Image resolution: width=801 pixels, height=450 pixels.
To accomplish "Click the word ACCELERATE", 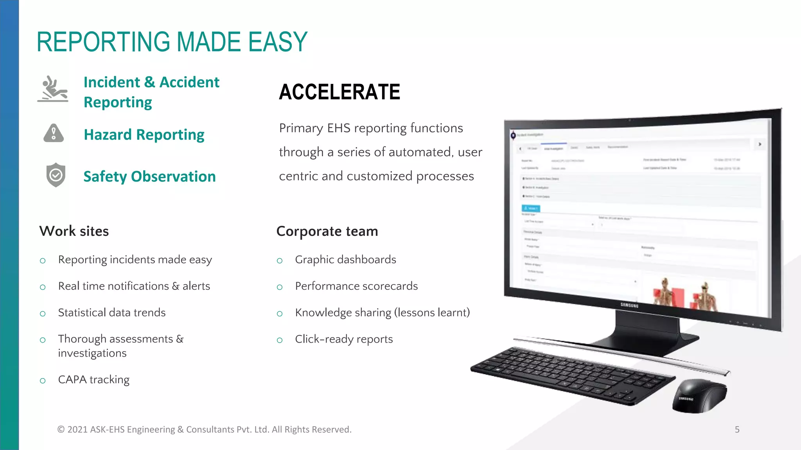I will click(339, 92).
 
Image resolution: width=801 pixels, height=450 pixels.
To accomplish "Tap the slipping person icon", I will click(53, 89).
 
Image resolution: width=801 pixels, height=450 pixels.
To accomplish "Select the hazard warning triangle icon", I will click(54, 133).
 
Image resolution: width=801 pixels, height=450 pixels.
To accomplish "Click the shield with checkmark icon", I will click(56, 175).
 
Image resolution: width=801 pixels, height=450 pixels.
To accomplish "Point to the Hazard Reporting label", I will click(144, 135).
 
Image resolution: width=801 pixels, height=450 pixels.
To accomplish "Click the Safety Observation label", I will click(149, 177).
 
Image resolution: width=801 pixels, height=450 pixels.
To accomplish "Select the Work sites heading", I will click(74, 231).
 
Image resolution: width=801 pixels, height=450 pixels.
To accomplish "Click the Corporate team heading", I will click(327, 231).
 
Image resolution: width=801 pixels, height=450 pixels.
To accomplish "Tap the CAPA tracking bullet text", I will click(93, 380).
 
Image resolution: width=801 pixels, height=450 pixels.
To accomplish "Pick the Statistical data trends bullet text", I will click(112, 312).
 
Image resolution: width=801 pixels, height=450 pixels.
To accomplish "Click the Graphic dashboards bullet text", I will click(345, 260).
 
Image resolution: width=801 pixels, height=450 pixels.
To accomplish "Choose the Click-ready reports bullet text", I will click(344, 339).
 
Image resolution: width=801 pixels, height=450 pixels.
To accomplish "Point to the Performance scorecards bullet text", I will click(356, 286).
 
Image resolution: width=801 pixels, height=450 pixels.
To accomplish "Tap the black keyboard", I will click(571, 375).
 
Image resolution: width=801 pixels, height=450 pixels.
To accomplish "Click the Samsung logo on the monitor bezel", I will click(629, 305).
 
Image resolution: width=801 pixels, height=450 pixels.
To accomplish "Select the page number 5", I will click(737, 430).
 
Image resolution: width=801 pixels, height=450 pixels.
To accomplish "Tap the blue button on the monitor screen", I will click(531, 208).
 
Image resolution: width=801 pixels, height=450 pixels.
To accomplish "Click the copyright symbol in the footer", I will click(61, 430).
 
